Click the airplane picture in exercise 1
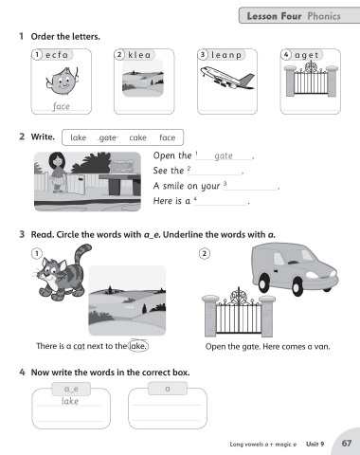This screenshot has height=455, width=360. coord(227,78)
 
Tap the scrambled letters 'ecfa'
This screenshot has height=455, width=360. coord(57,55)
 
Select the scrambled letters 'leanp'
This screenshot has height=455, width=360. coord(226,55)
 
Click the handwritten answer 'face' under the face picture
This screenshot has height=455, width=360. coord(61,106)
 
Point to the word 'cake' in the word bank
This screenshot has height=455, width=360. coord(138,137)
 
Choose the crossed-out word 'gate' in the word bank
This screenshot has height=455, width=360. coord(108,138)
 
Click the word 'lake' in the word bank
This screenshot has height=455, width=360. coord(79,137)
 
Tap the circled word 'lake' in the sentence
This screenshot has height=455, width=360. coord(138,346)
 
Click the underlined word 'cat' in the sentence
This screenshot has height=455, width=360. coord(80,346)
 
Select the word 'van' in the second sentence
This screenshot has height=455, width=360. coord(322,347)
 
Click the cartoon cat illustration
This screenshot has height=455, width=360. coord(62,273)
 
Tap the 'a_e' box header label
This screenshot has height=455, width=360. coord(71,389)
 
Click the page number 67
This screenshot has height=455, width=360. coord(347,444)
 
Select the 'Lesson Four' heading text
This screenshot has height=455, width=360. coord(274,16)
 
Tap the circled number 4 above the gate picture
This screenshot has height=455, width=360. coord(286,55)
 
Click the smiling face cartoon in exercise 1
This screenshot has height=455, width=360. coord(62,82)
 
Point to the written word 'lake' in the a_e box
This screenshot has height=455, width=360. coord(70,401)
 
